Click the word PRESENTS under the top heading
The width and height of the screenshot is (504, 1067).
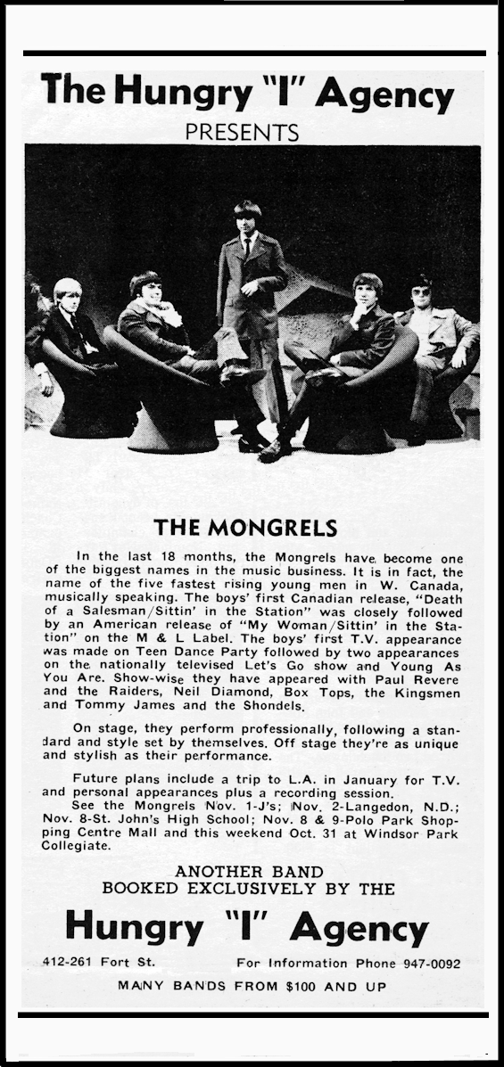point(241,132)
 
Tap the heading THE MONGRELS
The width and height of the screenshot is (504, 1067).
point(245,527)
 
